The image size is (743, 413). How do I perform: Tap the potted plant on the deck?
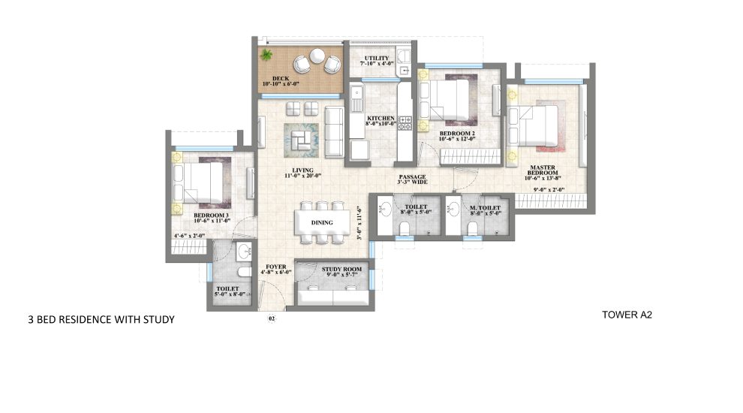266,55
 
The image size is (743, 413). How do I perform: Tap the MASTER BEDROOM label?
541,173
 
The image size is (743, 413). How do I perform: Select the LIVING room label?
303,173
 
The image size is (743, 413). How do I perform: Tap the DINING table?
322,223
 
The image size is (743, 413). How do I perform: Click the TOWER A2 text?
627,315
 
